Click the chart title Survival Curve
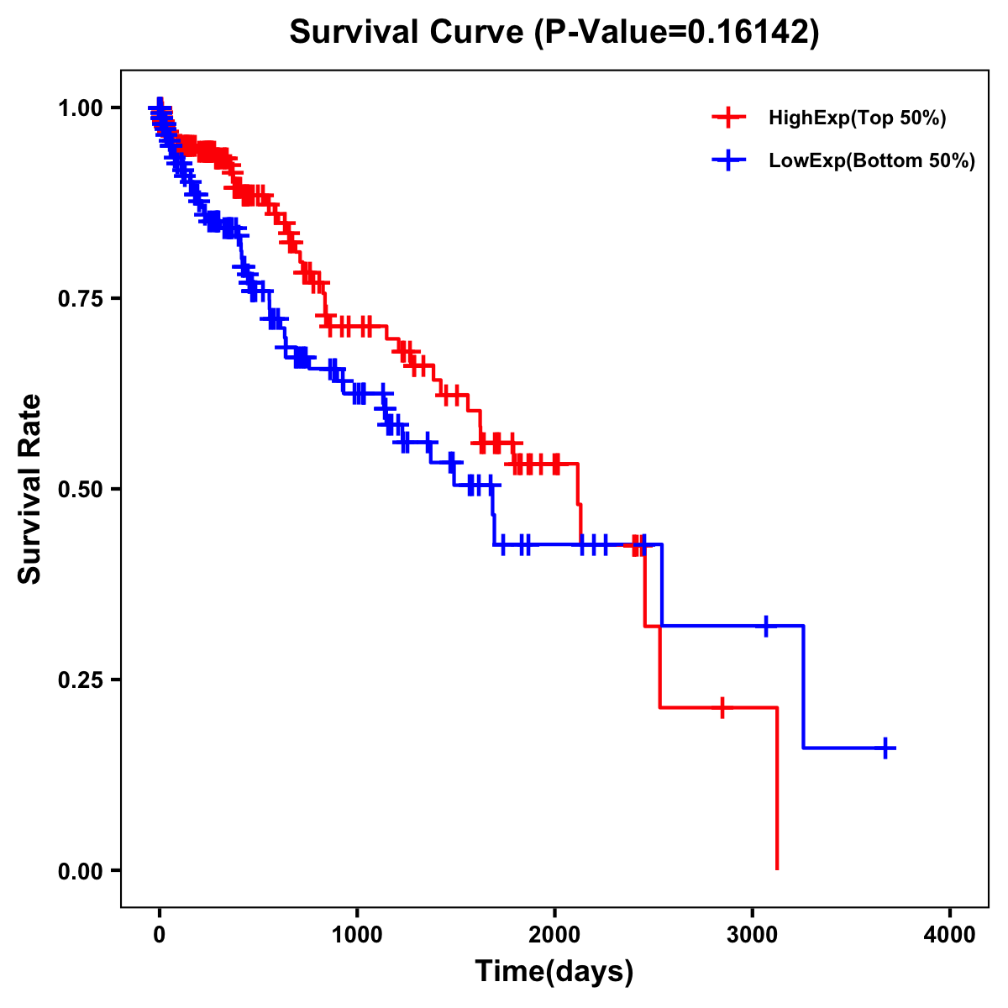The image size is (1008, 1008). (x=408, y=32)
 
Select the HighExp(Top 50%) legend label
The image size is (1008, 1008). (x=857, y=118)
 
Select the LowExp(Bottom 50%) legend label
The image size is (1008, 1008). (x=872, y=160)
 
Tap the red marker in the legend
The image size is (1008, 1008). (x=728, y=118)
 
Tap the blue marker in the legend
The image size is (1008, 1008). (x=728, y=160)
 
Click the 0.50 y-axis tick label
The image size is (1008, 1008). (x=81, y=489)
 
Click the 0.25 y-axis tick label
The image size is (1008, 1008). (x=81, y=680)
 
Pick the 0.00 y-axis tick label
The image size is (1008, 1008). (x=81, y=870)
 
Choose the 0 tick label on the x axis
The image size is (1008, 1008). (x=160, y=935)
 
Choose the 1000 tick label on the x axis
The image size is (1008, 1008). (x=357, y=935)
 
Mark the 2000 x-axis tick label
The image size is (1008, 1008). (x=554, y=935)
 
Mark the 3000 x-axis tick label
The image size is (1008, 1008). (x=753, y=935)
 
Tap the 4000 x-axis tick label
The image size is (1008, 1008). (x=950, y=935)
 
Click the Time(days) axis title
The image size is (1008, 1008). (x=554, y=972)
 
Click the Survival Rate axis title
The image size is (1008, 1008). (x=30, y=489)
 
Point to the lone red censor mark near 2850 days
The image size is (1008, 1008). (x=722, y=707)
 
